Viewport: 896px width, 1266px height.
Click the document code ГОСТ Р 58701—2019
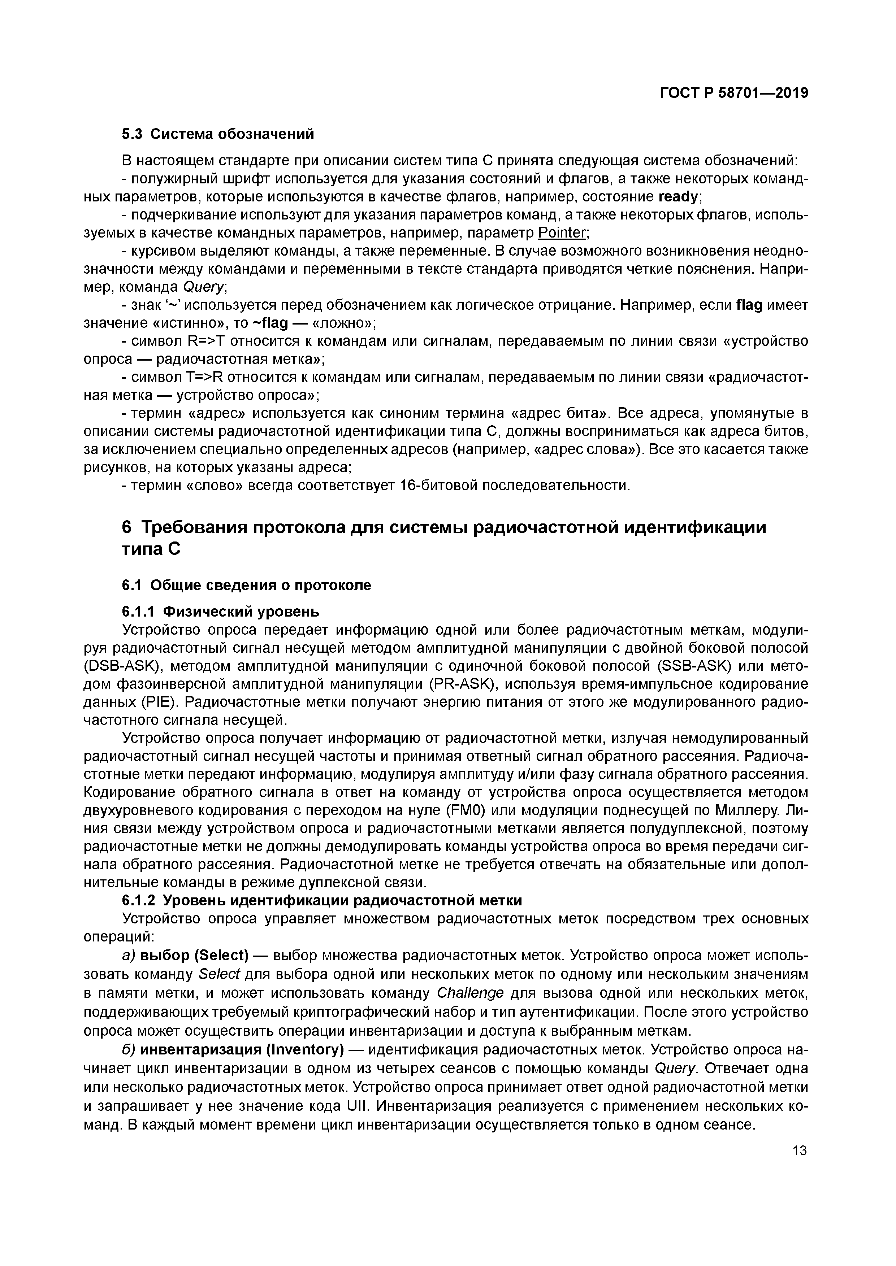pos(734,93)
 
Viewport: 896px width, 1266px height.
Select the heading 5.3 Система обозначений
pos(218,134)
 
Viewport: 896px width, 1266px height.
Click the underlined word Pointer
pos(562,233)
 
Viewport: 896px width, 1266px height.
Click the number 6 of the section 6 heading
pos(127,528)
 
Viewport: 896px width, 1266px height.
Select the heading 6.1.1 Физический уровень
pos(220,612)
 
